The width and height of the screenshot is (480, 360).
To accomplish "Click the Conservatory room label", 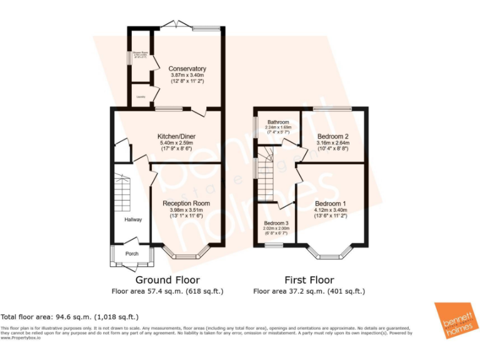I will click(x=187, y=69).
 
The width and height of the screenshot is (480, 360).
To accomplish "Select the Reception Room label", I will click(x=186, y=204).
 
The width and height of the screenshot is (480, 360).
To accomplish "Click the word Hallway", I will click(x=132, y=219).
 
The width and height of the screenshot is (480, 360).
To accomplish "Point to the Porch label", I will click(x=132, y=254).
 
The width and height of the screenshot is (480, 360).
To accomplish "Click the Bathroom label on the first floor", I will click(x=278, y=122).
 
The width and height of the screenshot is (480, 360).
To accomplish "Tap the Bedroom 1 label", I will click(x=331, y=204).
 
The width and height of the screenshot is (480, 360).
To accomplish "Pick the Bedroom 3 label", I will click(x=276, y=223).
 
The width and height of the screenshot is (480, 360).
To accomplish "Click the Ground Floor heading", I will click(x=167, y=280).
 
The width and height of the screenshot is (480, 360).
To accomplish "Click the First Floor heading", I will click(x=309, y=280).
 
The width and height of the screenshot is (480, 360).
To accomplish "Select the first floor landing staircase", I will click(x=267, y=172).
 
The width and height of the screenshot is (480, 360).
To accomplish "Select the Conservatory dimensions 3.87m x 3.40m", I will click(x=187, y=75).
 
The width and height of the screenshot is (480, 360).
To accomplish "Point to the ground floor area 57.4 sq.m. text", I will click(x=167, y=291).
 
